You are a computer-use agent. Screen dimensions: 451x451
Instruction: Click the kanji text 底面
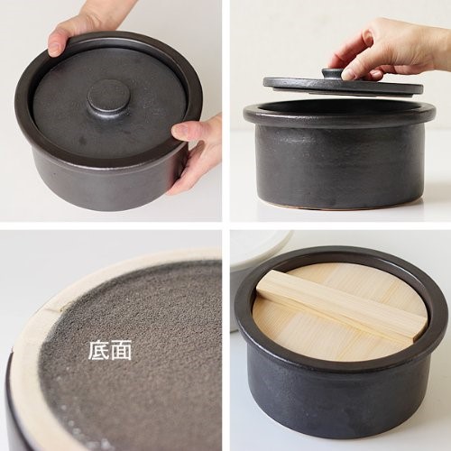[110, 350]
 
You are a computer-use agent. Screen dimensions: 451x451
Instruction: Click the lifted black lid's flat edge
[343, 86]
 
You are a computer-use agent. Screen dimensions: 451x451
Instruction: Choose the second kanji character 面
[121, 350]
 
